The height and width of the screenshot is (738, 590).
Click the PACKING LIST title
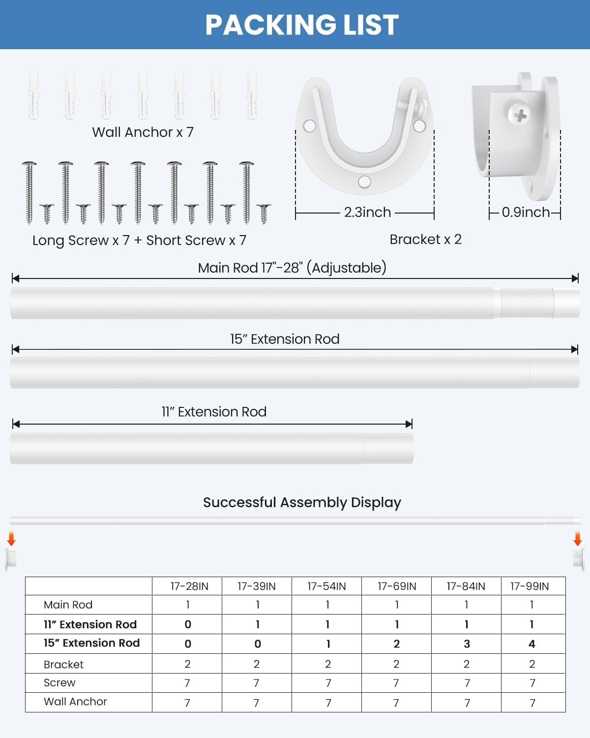pos(301,25)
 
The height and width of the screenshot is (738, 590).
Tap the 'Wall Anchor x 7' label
pos(143,132)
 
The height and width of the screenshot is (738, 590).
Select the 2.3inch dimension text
pos(367,212)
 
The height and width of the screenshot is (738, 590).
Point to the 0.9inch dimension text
pos(525,212)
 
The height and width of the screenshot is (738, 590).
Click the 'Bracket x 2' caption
pos(425,240)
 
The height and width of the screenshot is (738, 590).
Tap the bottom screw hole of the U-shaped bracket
pos(364,182)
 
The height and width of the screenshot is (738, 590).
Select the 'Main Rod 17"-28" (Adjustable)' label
pos(292,268)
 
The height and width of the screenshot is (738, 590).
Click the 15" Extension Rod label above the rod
pos(285,339)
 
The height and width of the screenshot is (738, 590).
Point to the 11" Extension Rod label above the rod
pos(214,412)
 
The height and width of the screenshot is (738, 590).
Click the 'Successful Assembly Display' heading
pos(302,502)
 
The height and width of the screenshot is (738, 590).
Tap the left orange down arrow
pos(11,539)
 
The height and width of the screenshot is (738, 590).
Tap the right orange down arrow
pos(578,539)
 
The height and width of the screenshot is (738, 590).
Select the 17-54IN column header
pos(326,586)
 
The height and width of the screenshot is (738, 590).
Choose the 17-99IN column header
pos(529,586)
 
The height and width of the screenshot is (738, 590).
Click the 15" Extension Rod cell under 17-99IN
pos(531,644)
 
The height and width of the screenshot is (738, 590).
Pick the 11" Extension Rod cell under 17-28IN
pos(188,624)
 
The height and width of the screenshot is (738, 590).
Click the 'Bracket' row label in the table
pos(63,665)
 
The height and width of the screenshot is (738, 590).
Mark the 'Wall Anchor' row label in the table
pos(75,702)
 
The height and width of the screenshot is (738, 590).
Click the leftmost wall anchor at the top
pos(33,96)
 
